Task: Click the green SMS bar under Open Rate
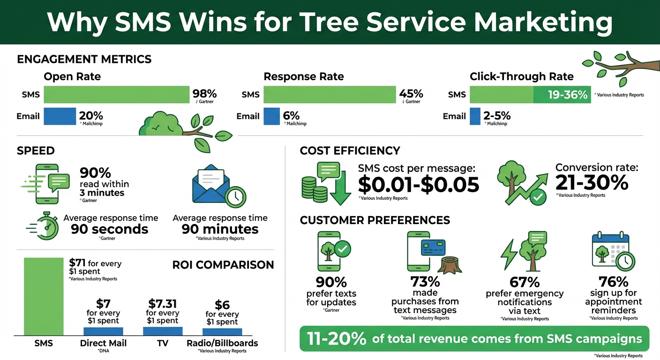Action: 116,94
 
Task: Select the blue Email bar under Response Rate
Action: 271,116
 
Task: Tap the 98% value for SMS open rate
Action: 204,93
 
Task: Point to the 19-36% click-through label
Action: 567,95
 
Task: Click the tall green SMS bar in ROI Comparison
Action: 43,296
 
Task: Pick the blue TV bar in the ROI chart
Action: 162,331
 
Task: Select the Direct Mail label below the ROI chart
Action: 103,343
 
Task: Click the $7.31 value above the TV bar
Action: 162,303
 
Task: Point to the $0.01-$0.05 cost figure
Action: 419,185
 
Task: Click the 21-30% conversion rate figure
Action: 592,183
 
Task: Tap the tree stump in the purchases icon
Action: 448,266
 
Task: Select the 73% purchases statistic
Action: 425,282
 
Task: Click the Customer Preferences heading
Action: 375,220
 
